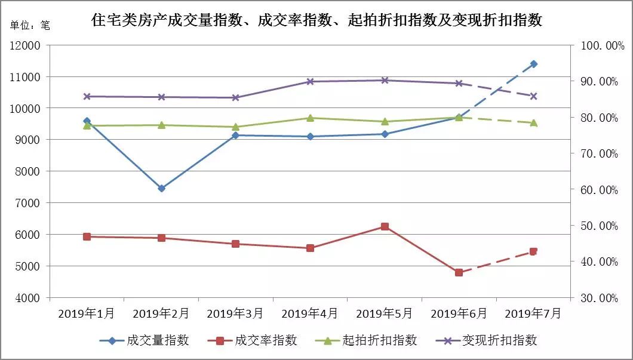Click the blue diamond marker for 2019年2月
[x=161, y=188]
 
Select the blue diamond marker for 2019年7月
[x=533, y=64]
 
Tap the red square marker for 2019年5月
[x=385, y=226]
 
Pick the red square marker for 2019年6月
[x=459, y=272]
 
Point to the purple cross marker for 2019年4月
[x=310, y=81]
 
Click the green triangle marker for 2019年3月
[x=235, y=127]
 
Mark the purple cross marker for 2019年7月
[x=533, y=96]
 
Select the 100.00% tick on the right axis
[x=598, y=46]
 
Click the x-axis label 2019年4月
[x=310, y=313]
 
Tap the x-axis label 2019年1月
[x=87, y=313]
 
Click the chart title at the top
[x=316, y=20]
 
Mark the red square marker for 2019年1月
[x=87, y=236]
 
